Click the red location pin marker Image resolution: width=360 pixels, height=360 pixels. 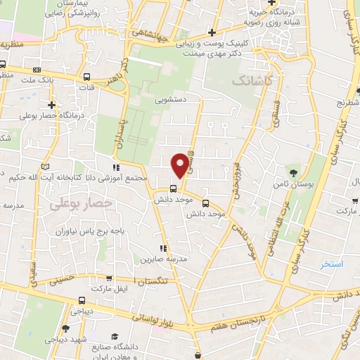click(181, 164)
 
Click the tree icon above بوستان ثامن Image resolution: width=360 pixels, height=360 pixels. click(292, 172)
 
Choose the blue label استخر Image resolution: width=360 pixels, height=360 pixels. click(331, 264)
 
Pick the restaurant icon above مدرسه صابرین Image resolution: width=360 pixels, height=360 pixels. click(163, 247)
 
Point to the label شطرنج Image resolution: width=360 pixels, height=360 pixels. click(347, 102)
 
